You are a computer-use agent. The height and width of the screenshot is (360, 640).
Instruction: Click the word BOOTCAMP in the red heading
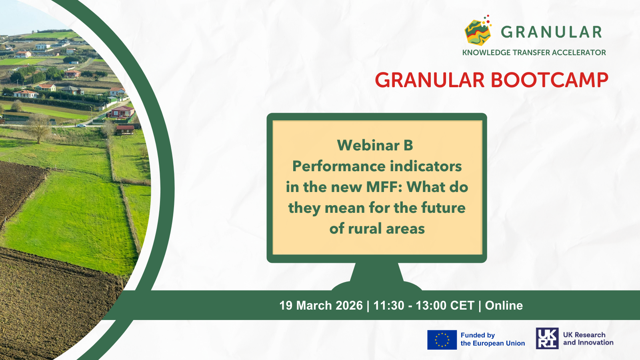click(550, 80)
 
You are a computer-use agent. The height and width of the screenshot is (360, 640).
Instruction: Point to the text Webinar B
click(375, 146)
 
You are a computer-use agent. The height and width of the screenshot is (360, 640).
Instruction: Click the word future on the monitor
click(444, 208)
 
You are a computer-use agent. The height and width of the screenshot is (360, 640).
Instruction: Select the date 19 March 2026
click(321, 306)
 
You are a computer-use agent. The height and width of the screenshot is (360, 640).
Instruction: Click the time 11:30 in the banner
click(389, 306)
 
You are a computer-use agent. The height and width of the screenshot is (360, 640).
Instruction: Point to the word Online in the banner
click(504, 306)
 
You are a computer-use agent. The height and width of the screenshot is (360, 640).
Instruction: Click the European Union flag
click(442, 340)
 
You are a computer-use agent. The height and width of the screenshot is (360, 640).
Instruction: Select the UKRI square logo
click(547, 338)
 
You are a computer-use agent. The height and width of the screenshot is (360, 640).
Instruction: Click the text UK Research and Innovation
click(588, 338)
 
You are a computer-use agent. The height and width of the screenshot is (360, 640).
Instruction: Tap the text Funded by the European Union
click(492, 339)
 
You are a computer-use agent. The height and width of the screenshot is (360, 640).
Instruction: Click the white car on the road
click(81, 126)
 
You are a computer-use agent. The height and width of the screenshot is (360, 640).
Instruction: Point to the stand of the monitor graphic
click(377, 276)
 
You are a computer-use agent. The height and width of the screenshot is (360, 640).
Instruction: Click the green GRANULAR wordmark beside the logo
click(552, 32)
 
